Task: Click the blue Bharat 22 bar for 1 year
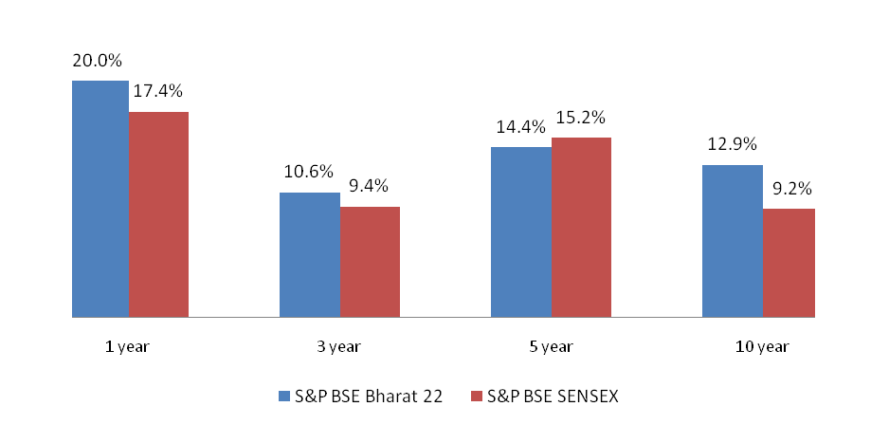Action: pyautogui.click(x=99, y=198)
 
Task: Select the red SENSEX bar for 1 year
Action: pyautogui.click(x=158, y=214)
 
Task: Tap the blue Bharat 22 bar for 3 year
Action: pyautogui.click(x=309, y=254)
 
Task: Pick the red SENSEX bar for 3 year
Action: pyautogui.click(x=370, y=261)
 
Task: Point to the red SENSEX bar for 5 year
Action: pyautogui.click(x=581, y=227)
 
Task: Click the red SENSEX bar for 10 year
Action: pyautogui.click(x=789, y=262)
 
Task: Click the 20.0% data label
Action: pyautogui.click(x=98, y=61)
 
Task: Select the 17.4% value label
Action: pyautogui.click(x=158, y=92)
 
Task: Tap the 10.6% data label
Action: pyautogui.click(x=309, y=172)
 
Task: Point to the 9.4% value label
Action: pyautogui.click(x=370, y=186)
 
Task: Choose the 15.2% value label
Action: pyautogui.click(x=581, y=118)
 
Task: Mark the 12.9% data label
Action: pyautogui.click(x=732, y=145)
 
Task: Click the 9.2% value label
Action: pyautogui.click(x=789, y=188)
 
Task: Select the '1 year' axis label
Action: pyautogui.click(x=127, y=347)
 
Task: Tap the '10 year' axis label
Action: pyautogui.click(x=761, y=347)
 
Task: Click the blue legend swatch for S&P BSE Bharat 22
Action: pyautogui.click(x=284, y=396)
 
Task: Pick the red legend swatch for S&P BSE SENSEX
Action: pyautogui.click(x=476, y=396)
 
